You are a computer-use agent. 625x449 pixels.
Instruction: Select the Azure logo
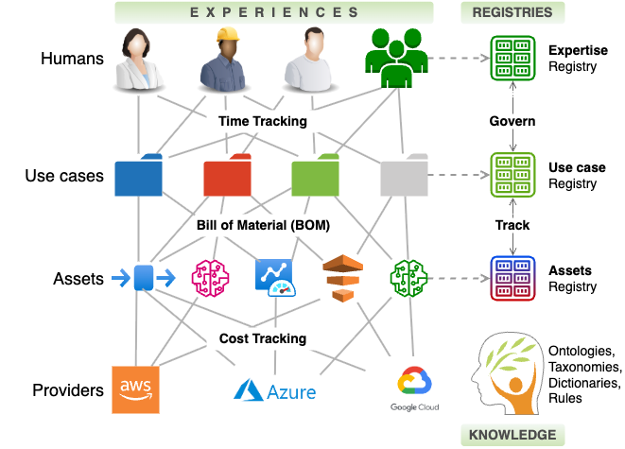click(x=275, y=389)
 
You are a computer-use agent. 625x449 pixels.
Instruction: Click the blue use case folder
click(x=138, y=177)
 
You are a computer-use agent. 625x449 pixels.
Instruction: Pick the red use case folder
click(x=228, y=176)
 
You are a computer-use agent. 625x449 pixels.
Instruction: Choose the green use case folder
click(x=316, y=176)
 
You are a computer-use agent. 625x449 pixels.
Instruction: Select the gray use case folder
click(x=404, y=177)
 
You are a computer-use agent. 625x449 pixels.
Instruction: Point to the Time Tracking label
click(x=262, y=121)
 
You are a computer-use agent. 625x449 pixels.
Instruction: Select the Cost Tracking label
click(x=263, y=338)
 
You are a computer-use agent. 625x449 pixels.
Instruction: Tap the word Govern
click(x=512, y=121)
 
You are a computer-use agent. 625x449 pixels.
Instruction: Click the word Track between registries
click(x=512, y=226)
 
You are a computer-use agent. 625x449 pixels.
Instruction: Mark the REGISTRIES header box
click(x=512, y=12)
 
